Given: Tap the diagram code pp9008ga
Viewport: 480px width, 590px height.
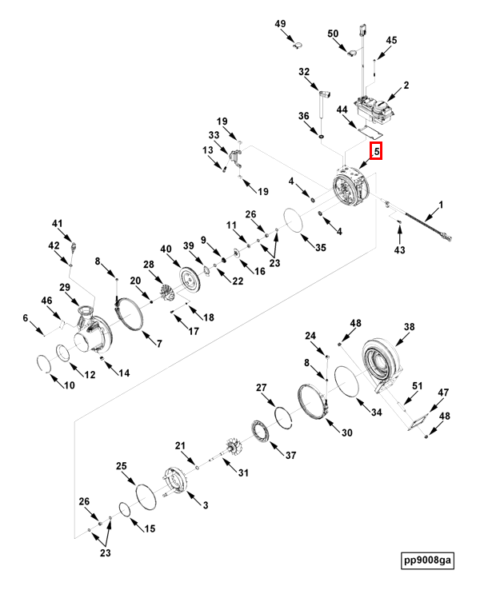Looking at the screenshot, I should point(428,560).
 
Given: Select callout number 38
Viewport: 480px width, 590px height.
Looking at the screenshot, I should point(409,327).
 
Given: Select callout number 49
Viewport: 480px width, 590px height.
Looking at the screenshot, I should point(281,24).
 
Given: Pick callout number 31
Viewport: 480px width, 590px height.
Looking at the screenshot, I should point(242,472).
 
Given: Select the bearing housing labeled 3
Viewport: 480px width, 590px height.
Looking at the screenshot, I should point(177,480).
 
